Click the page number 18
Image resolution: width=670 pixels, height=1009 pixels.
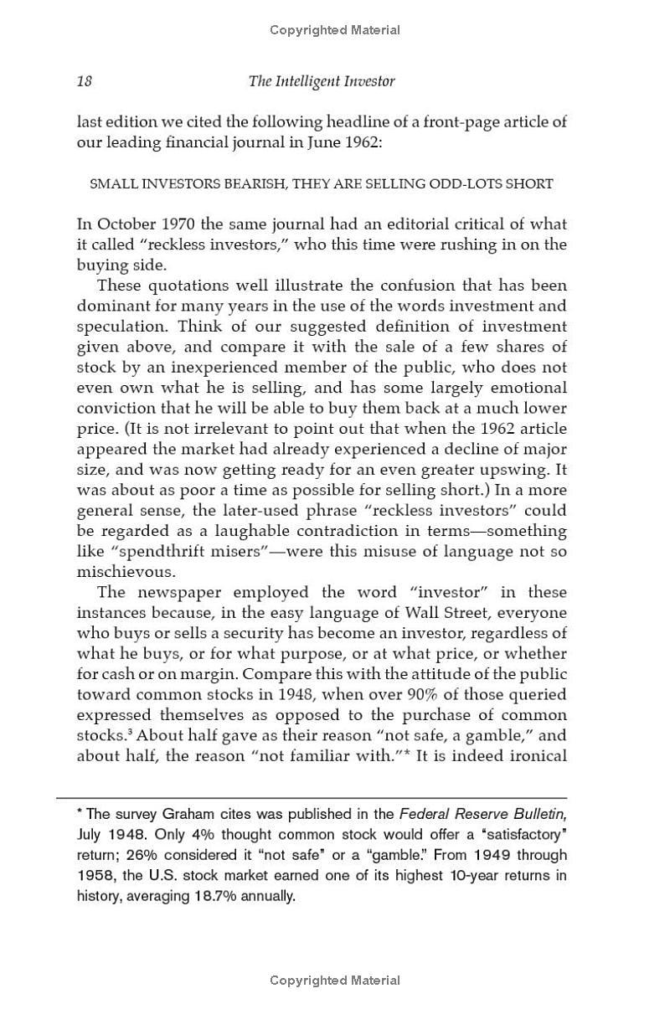click(x=84, y=81)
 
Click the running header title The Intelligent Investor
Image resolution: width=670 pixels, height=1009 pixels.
click(x=322, y=81)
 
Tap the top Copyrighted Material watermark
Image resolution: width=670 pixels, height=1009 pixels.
click(x=335, y=30)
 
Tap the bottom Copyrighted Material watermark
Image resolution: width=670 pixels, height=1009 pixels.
click(x=335, y=981)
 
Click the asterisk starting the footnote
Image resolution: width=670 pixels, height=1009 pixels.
click(x=79, y=811)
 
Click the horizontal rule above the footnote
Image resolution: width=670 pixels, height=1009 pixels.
click(x=312, y=798)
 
